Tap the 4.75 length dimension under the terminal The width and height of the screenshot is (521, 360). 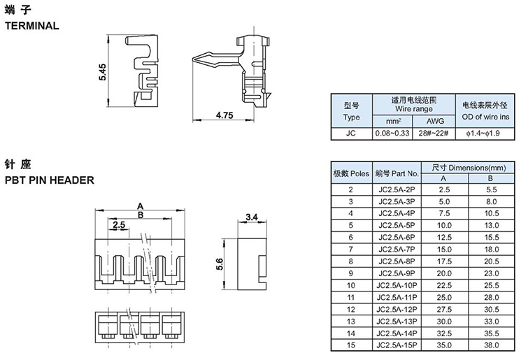tap(224, 114)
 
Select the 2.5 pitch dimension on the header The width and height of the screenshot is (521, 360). tap(118, 225)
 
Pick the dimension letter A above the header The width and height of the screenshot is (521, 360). tap(140, 206)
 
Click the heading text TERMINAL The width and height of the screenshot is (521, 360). tap(32, 26)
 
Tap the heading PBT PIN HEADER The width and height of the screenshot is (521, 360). tap(49, 180)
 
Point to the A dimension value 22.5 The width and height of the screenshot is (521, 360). tap(444, 285)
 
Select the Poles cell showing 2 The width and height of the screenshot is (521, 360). tap(350, 189)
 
